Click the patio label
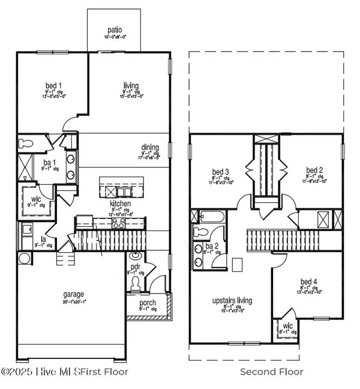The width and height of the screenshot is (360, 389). pos(115,28)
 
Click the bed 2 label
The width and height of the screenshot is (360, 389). pos(314,170)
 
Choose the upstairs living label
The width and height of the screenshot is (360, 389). pos(232,300)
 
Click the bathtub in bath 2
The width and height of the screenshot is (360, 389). pos(211,217)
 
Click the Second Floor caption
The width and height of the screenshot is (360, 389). pos(271,372)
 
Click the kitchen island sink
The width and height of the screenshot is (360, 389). pos(124,191)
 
